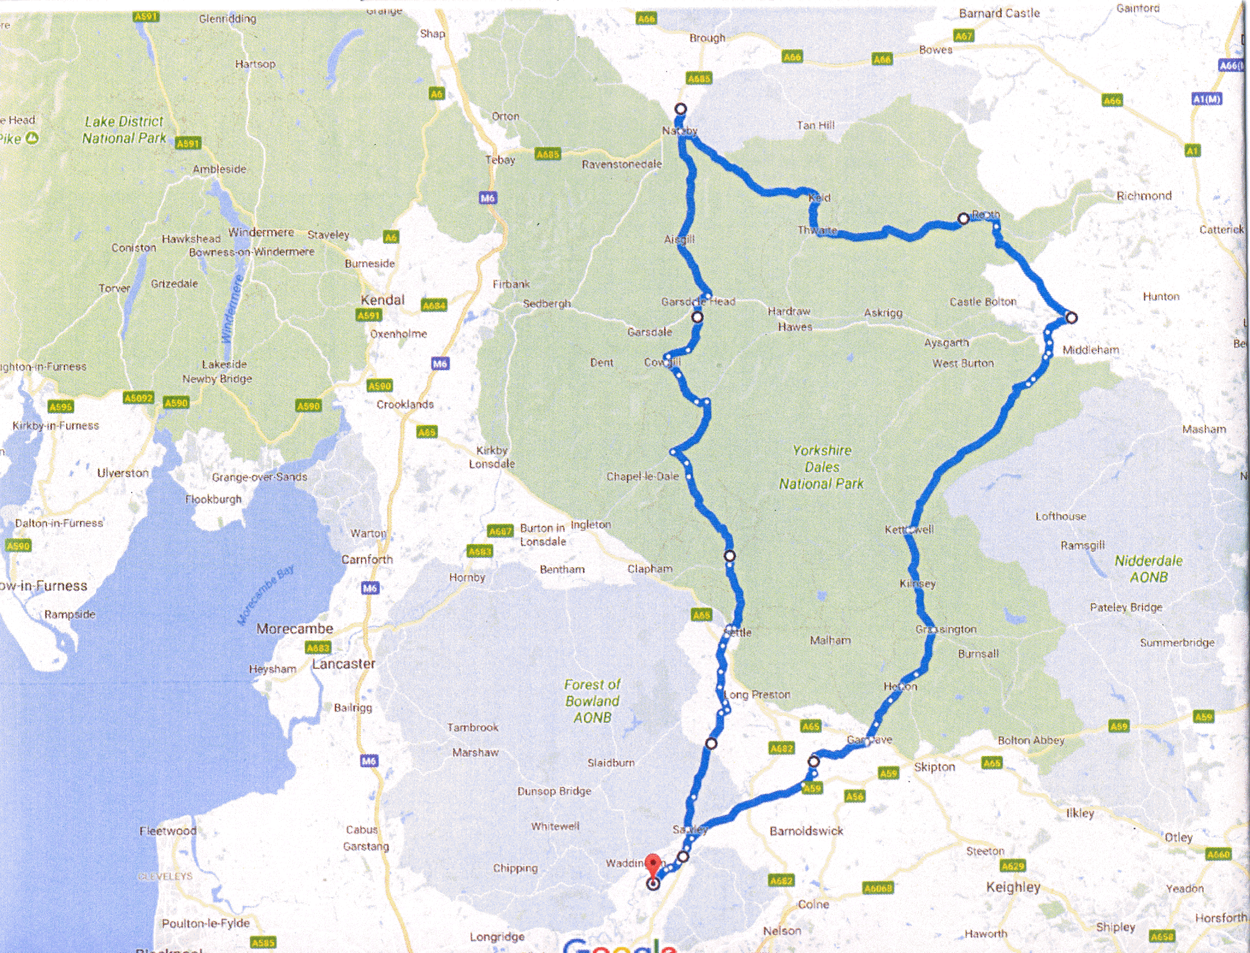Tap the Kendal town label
[382, 300]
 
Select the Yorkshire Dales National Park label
[821, 467]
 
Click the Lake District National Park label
[124, 130]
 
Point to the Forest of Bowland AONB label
[592, 701]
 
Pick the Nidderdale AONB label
[1148, 569]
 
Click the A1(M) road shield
[1206, 99]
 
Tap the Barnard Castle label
[999, 13]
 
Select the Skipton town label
[934, 767]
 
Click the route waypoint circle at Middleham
[1071, 317]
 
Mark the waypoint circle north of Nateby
[680, 109]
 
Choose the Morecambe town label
[294, 629]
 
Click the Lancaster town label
[343, 664]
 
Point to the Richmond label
[1144, 196]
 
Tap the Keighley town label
[1013, 887]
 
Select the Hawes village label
[795, 327]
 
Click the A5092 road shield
[138, 398]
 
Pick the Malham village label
[830, 640]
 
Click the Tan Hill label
[815, 125]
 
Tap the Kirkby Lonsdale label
[492, 457]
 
